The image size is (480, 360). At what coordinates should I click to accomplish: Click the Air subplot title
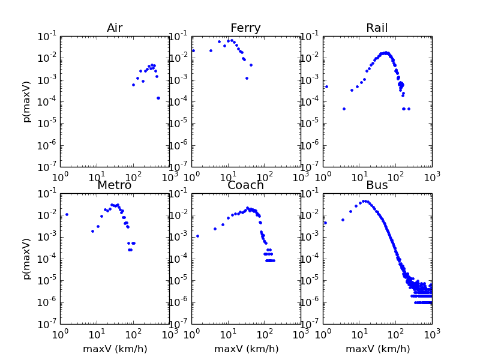(115, 28)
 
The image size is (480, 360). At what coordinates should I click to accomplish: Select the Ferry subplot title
(246, 28)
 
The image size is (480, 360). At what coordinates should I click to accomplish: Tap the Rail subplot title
(377, 28)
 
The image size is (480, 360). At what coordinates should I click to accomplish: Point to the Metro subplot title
(115, 185)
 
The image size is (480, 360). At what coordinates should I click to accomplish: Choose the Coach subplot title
(246, 185)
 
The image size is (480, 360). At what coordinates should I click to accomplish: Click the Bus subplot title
(377, 185)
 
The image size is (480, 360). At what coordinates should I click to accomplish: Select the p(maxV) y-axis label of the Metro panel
(27, 258)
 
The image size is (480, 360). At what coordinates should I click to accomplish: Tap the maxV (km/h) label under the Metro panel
(115, 349)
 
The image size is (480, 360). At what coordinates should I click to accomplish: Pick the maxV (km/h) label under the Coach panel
(246, 349)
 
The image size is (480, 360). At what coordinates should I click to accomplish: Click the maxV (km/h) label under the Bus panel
(377, 349)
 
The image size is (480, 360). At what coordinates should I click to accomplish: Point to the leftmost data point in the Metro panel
(67, 214)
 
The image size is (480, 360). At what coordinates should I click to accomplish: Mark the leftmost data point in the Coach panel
(197, 236)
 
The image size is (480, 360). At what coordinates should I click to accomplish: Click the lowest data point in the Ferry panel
(247, 78)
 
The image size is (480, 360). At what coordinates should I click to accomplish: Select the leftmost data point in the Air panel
(133, 85)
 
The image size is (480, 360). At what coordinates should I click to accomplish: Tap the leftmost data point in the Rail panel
(326, 86)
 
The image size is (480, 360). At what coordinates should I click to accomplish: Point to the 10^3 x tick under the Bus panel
(432, 333)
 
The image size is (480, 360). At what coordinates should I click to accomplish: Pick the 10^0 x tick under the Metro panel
(60, 333)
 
